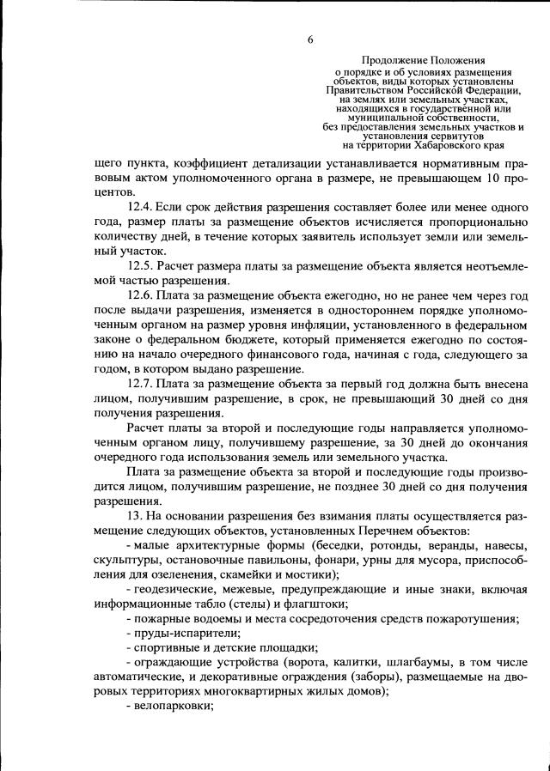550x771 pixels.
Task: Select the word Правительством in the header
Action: [x=364, y=88]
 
